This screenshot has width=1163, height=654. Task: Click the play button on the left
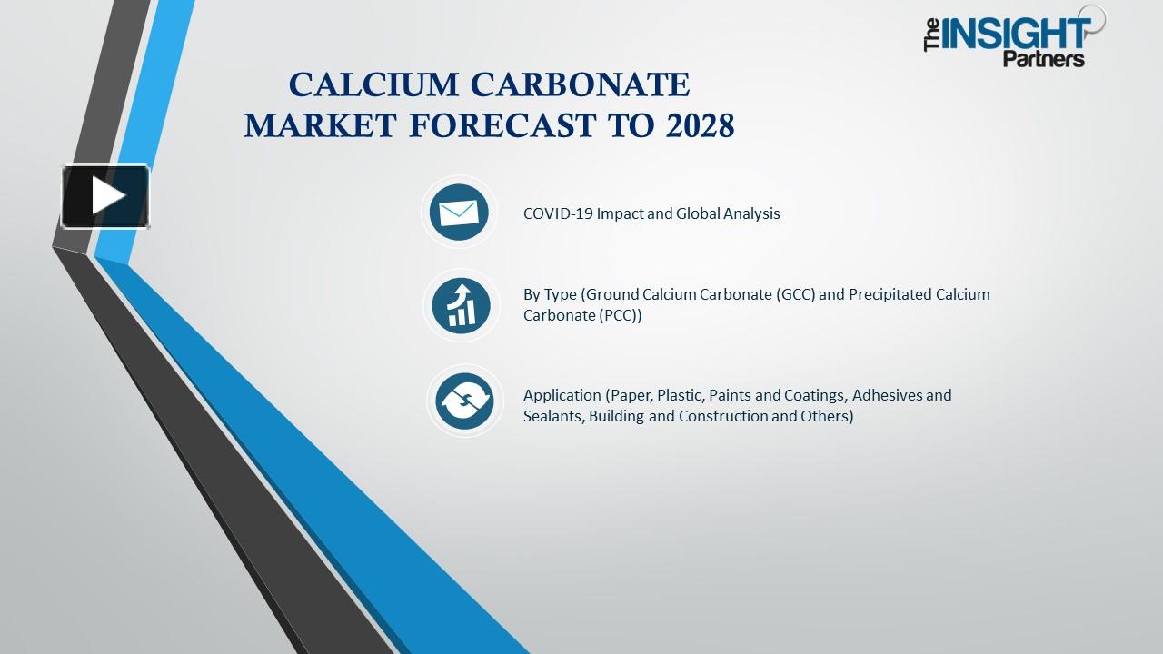pos(105,196)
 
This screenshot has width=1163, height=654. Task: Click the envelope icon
pos(459,213)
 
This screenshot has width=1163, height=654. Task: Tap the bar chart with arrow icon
pos(462,304)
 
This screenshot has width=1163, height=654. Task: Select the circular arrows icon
pos(464,401)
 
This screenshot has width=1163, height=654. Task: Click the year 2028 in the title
pos(700,126)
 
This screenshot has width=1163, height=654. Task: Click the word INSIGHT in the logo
pos(1016,35)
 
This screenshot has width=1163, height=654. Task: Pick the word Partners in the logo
pos(1043,60)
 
